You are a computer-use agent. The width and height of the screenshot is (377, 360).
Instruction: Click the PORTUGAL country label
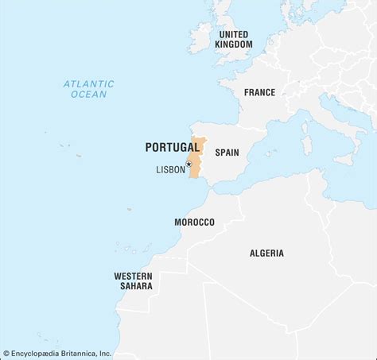(173, 147)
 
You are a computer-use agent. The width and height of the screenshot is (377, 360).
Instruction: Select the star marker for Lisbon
(188, 165)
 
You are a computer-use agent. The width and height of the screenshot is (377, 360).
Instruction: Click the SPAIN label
(227, 151)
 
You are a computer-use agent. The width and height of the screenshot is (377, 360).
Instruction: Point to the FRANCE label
(259, 92)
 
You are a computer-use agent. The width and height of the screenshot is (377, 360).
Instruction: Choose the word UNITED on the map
(233, 34)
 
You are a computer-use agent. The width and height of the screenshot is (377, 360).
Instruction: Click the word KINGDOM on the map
(233, 45)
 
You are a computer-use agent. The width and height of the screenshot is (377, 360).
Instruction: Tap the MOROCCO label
(194, 222)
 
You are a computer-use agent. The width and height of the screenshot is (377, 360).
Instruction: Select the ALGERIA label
(266, 253)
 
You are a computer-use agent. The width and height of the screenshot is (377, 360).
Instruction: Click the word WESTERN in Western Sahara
(133, 276)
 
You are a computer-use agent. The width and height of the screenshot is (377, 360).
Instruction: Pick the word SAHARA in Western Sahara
(133, 287)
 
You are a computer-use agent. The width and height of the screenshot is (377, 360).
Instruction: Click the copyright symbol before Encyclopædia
(6, 354)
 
